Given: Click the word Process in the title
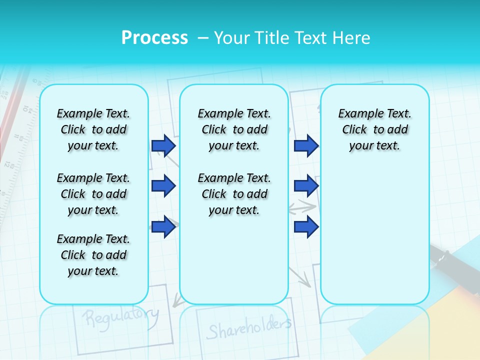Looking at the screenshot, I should tap(154, 38).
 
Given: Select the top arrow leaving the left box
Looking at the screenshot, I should tap(163, 145).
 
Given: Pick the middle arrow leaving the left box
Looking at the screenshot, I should tap(163, 186).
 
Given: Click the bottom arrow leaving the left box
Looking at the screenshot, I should tap(163, 227).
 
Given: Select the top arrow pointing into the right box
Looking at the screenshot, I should tap(306, 145).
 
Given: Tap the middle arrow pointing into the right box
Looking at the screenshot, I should tap(306, 186).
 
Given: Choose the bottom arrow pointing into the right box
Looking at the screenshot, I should tap(306, 227).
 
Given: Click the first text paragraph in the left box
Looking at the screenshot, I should tap(93, 129).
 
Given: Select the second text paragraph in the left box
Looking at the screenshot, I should tap(93, 194).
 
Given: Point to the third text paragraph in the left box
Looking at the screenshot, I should tap(93, 255).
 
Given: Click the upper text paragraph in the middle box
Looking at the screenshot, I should tap(234, 129).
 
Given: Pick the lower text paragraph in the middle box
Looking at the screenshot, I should tap(234, 194).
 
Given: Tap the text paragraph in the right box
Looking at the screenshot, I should tap(374, 129).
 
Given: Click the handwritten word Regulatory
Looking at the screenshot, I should tap(120, 316).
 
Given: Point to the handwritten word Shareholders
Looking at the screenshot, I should tap(248, 328).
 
